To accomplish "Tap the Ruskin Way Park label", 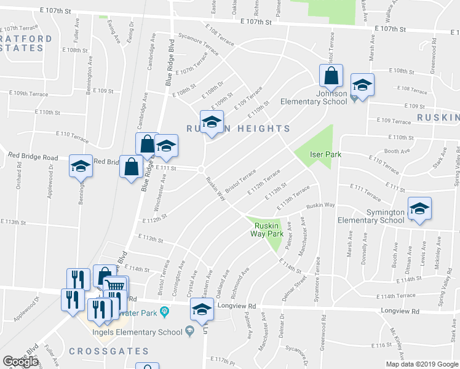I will tap(266, 229).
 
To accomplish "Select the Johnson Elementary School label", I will tap(314, 97).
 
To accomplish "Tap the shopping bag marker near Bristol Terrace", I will tap(331, 76).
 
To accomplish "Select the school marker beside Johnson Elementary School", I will tap(362, 85).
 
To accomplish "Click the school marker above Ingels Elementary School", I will tap(200, 311).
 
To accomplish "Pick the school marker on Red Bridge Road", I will tap(80, 167).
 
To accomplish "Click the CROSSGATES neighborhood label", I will tap(109, 351).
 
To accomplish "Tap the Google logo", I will tap(20, 362).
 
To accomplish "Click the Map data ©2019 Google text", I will tap(421, 364).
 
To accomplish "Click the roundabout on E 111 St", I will tap(201, 169).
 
